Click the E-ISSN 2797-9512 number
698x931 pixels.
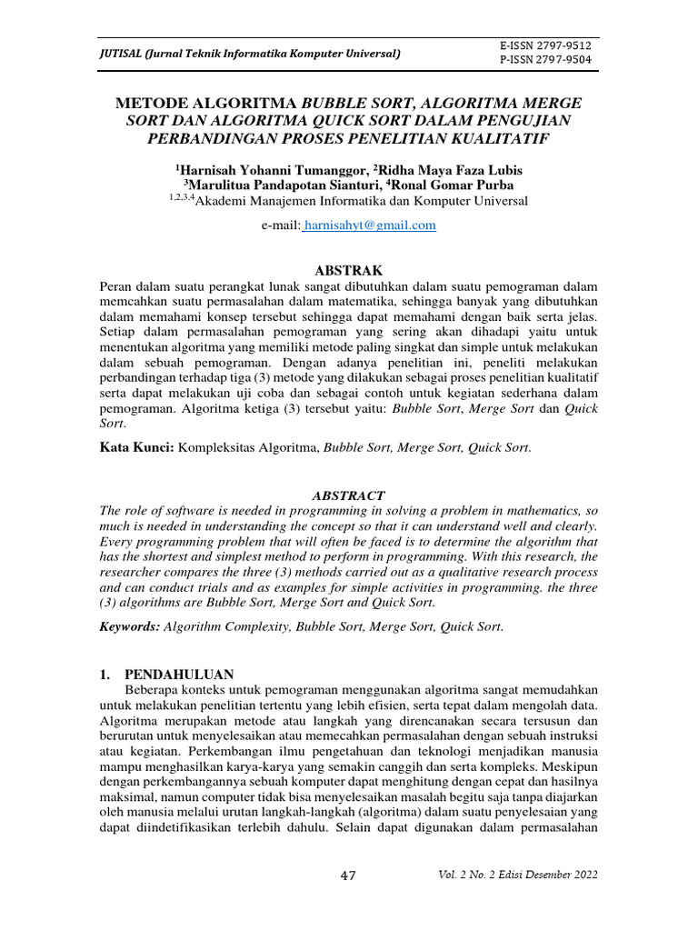coord(545,45)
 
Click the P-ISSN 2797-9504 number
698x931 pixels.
coord(545,60)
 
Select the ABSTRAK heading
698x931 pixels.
coord(348,271)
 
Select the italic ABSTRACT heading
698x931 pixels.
coord(348,496)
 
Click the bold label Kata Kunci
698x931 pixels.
coord(136,447)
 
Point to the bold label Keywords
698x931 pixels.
coord(130,626)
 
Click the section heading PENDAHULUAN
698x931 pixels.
coord(179,675)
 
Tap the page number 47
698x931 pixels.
coord(348,876)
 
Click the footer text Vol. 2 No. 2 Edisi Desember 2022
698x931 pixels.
coord(518,875)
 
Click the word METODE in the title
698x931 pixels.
coord(156,103)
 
